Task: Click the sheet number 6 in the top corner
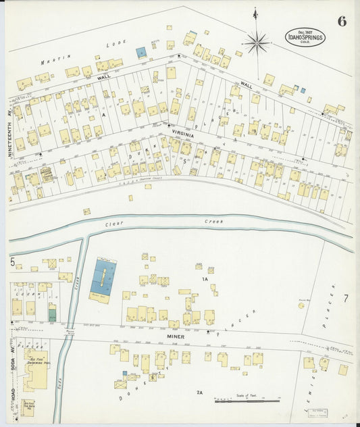(x=342, y=21)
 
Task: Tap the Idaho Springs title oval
(x=305, y=36)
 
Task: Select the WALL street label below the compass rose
(x=246, y=86)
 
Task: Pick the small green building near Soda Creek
(x=52, y=313)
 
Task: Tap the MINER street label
(x=176, y=335)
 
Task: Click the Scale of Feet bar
(x=247, y=401)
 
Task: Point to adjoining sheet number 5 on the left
(x=12, y=261)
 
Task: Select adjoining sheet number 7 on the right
(x=344, y=298)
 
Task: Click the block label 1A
(x=203, y=278)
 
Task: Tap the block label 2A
(x=199, y=393)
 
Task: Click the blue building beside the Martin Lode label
(x=140, y=52)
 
